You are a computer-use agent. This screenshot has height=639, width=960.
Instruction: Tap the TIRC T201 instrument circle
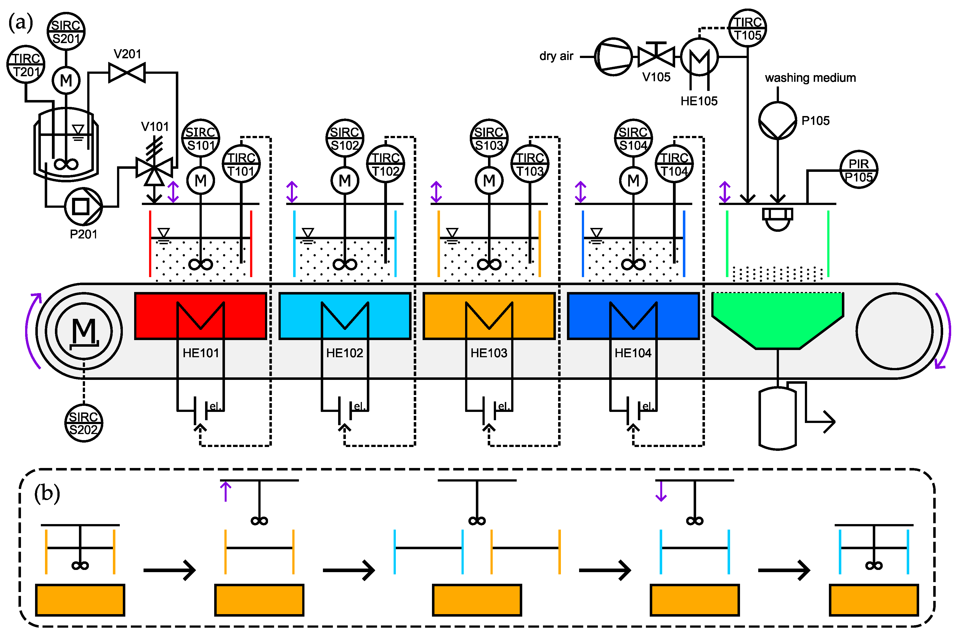point(26,64)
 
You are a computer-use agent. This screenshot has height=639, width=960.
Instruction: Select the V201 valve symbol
point(127,73)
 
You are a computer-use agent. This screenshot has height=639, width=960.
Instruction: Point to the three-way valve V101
point(154,167)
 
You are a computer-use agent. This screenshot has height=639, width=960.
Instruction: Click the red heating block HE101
point(200,316)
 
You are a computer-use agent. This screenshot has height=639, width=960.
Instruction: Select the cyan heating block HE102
point(344,316)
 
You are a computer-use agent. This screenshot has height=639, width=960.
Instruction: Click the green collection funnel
point(777,318)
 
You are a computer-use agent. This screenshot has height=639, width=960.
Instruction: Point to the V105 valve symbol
point(656,56)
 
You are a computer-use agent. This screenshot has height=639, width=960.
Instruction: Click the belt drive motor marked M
point(84,331)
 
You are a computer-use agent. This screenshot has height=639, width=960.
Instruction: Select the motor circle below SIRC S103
point(489,180)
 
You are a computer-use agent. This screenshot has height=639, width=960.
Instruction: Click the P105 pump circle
point(777,121)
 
